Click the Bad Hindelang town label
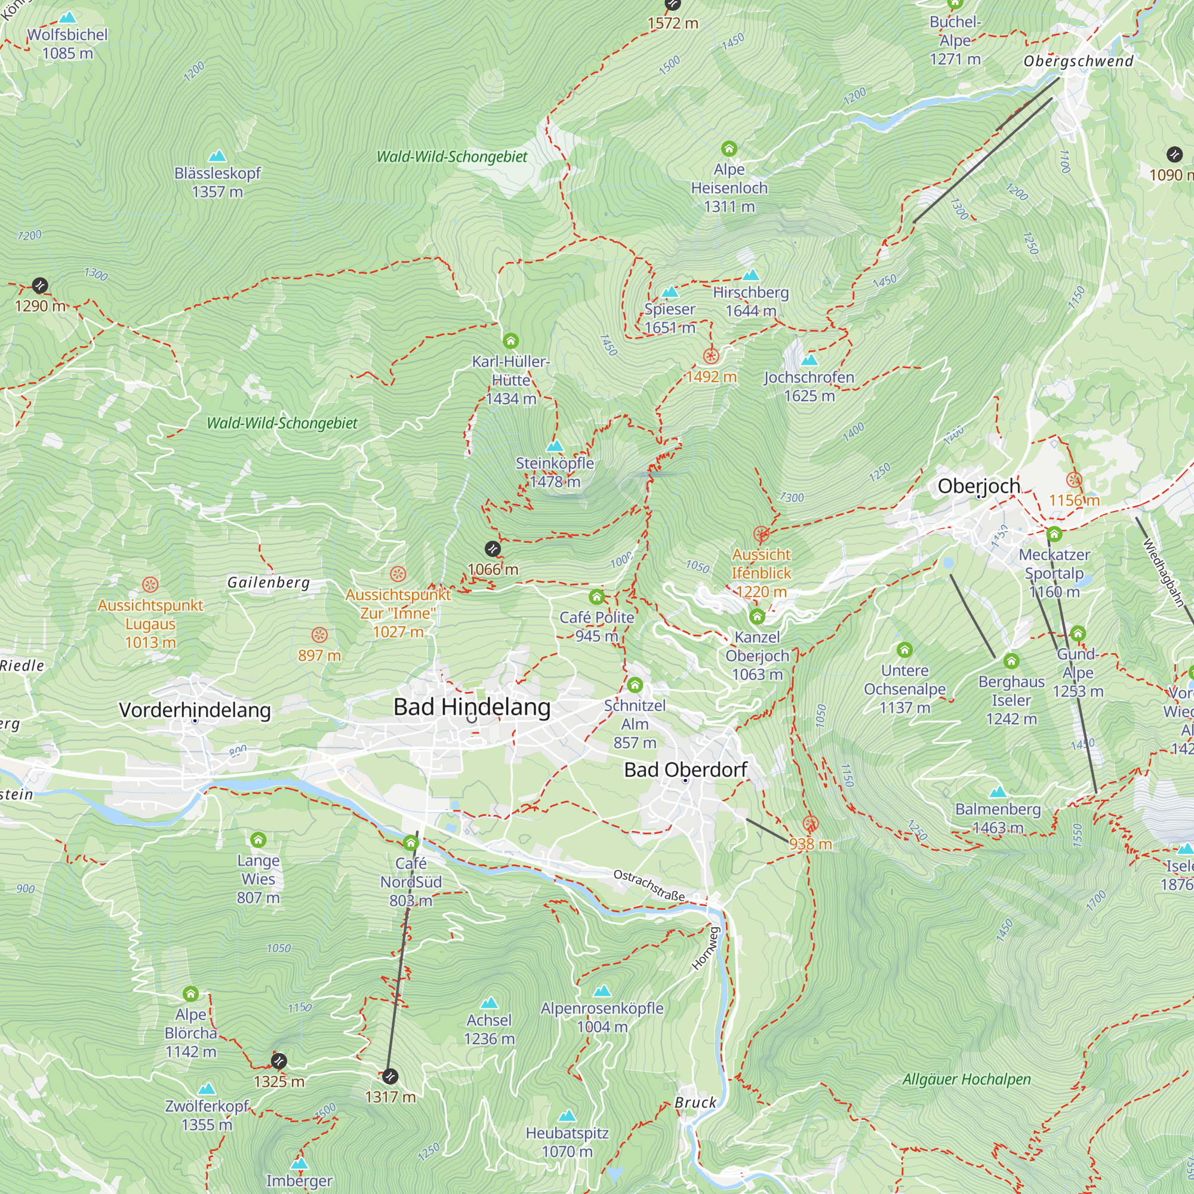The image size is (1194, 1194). [472, 707]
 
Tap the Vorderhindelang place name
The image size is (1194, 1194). [195, 710]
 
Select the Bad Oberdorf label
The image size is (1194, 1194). [685, 770]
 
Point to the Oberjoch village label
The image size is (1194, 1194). [978, 486]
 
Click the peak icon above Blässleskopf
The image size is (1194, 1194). [217, 156]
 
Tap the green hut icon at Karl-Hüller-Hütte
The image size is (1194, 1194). [510, 341]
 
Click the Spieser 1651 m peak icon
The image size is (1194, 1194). [670, 292]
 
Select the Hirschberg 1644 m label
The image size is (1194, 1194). [750, 301]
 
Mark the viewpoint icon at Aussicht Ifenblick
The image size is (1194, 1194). [761, 534]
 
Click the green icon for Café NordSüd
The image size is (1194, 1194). [410, 843]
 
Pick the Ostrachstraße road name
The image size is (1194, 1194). [649, 885]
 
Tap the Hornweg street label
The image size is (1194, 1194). [706, 948]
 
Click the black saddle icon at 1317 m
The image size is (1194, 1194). [389, 1076]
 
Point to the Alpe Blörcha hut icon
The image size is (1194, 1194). [190, 994]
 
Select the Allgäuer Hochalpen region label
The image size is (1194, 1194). [967, 1079]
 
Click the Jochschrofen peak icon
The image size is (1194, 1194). [809, 359]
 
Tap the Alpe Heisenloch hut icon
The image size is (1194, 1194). [730, 148]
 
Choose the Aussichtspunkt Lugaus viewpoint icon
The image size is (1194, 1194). [150, 584]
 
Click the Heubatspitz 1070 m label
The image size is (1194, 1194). [567, 1142]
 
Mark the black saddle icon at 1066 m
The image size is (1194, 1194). [493, 549]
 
